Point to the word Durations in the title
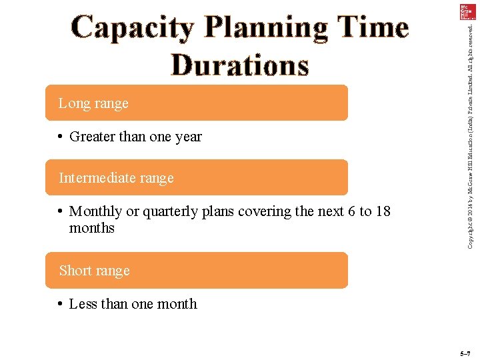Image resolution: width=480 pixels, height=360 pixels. tap(240, 65)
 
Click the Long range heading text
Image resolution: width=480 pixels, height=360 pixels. tap(93, 103)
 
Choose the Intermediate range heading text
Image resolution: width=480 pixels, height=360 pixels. tap(116, 178)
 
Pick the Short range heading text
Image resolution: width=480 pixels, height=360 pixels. tap(94, 271)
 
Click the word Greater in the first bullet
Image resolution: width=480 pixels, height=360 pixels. tap(92, 137)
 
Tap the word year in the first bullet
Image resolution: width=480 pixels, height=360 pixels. tap(189, 137)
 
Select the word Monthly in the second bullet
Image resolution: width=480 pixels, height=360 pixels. tap(96, 211)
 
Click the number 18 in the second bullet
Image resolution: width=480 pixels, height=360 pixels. tap(383, 211)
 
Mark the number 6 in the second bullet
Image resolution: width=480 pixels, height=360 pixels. tap(351, 211)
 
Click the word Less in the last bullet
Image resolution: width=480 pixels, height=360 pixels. tap(83, 304)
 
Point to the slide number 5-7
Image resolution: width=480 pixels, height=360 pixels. tap(465, 353)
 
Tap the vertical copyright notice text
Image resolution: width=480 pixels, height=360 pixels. tap(470, 133)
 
